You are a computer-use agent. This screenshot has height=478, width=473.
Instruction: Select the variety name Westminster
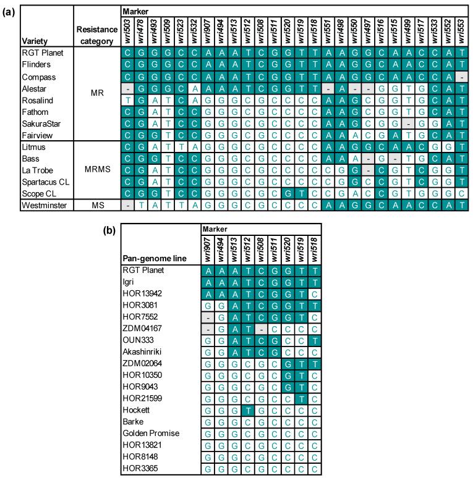[41, 205]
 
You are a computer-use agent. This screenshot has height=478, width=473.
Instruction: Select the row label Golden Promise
[152, 434]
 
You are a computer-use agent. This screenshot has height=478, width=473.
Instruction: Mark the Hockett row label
[140, 410]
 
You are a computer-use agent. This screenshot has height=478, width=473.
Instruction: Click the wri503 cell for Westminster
[127, 205]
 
